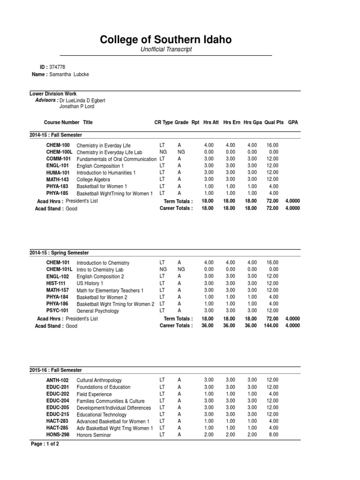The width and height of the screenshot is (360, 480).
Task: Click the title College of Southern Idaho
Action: point(165,40)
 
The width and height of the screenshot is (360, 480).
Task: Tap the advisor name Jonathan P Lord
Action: point(77,106)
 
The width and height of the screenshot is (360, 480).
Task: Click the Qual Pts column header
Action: point(274,122)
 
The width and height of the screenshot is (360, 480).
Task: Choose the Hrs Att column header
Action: point(210,122)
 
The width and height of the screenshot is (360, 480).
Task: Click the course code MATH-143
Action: point(58,180)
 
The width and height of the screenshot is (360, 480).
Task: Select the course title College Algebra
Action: point(93,180)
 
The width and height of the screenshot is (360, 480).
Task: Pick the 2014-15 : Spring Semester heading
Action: point(59,253)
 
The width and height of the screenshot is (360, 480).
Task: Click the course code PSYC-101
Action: point(57,310)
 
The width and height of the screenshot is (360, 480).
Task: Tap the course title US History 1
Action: point(90,283)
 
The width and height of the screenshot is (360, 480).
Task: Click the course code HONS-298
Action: point(58,435)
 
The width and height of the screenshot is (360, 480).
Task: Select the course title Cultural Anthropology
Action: point(99,380)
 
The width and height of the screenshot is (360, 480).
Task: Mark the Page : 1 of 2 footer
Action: point(45,443)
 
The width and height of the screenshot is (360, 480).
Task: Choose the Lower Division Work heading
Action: point(53,94)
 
